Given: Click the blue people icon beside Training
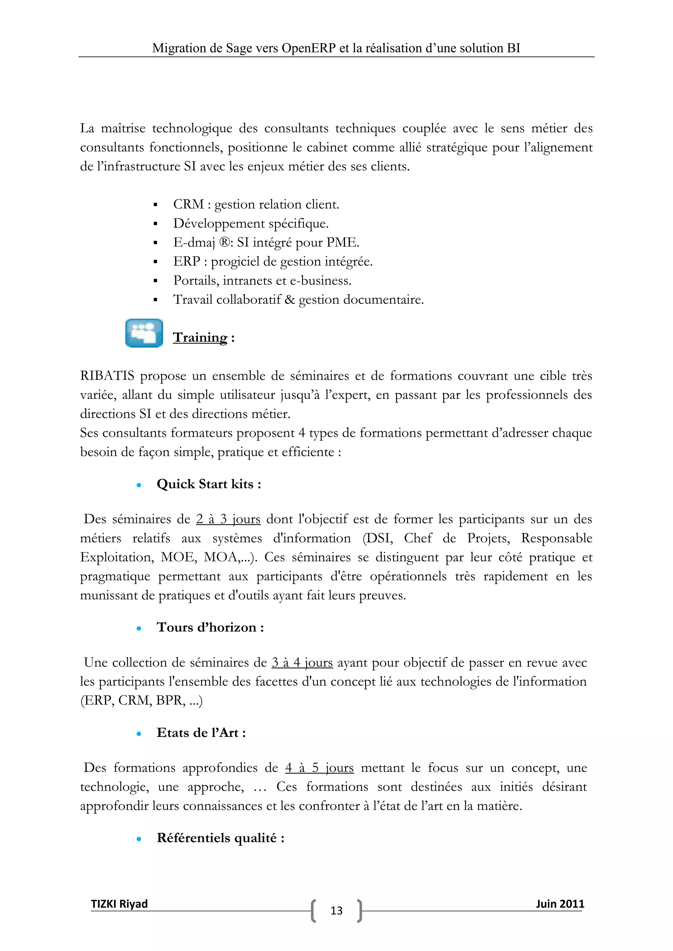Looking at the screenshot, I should click(x=144, y=333).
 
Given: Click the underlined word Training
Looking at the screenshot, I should click(x=200, y=337).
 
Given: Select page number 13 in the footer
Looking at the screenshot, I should click(x=336, y=910).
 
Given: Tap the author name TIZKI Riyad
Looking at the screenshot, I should click(x=119, y=904).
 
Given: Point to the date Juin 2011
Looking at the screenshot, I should click(x=560, y=904).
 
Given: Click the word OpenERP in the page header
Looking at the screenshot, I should click(x=309, y=49).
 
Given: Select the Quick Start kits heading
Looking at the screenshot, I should click(x=209, y=484).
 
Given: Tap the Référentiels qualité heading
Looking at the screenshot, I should click(x=220, y=837).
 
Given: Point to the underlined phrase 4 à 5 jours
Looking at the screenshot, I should click(x=319, y=767).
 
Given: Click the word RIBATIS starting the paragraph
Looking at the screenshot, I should click(x=107, y=376).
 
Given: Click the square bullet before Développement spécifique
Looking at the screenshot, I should click(x=155, y=224).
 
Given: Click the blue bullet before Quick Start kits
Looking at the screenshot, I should click(x=139, y=485).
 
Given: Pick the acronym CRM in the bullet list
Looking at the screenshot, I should click(x=189, y=204).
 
